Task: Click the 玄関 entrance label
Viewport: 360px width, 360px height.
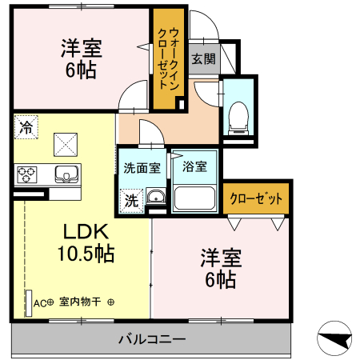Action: (203, 58)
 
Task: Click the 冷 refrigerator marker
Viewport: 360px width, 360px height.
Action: (26, 126)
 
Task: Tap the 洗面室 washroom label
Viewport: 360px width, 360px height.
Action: (142, 168)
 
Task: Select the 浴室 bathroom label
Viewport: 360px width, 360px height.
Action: (194, 168)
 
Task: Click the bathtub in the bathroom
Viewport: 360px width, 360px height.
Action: (196, 199)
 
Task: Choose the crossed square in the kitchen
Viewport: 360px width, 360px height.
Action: (64, 143)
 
